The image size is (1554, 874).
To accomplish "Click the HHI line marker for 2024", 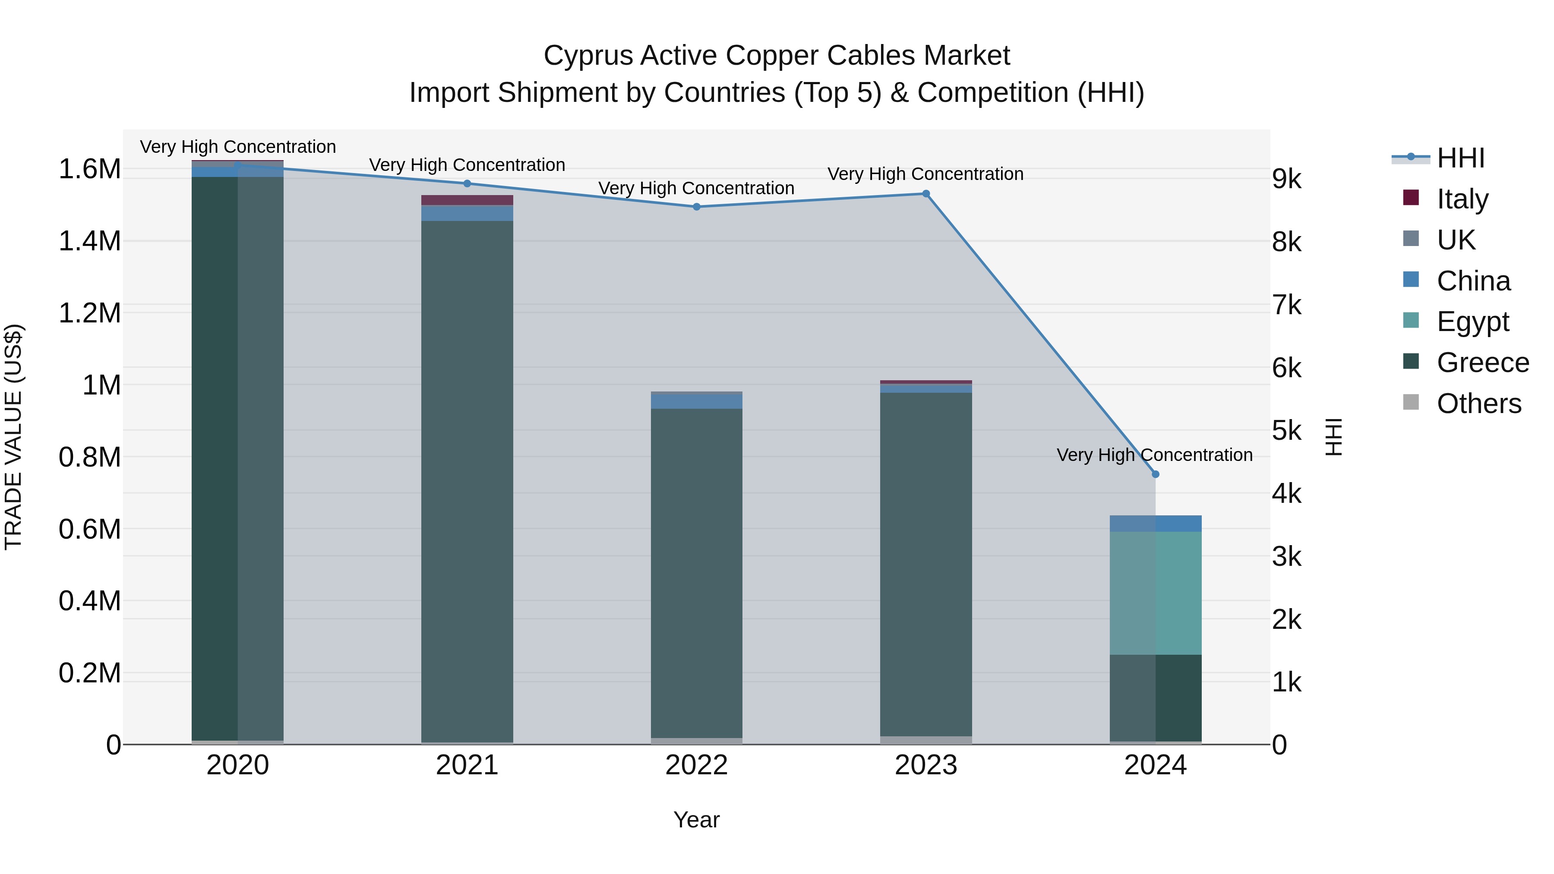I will tap(1155, 474).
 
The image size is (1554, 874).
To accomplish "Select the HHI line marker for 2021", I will tap(467, 183).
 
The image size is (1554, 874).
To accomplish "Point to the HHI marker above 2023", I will tap(926, 194).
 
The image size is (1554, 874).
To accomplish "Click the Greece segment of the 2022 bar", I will tap(696, 573).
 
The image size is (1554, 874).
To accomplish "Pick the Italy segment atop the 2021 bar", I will tap(467, 200).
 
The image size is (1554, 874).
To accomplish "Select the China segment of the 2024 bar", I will tap(1155, 523).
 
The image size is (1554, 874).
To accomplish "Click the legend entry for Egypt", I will tap(1472, 322).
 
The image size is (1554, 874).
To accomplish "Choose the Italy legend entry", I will tap(1462, 199).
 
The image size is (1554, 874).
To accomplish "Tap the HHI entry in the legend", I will tap(1460, 158).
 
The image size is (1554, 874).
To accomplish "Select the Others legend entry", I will tap(1478, 403).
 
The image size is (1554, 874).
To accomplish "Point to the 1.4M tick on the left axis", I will tap(89, 241).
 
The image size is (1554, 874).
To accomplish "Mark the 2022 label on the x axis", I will tap(696, 765).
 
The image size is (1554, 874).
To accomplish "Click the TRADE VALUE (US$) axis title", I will tap(13, 437).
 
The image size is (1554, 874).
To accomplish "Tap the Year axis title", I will tap(696, 820).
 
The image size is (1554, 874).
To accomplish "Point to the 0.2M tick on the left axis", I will tap(89, 672).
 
